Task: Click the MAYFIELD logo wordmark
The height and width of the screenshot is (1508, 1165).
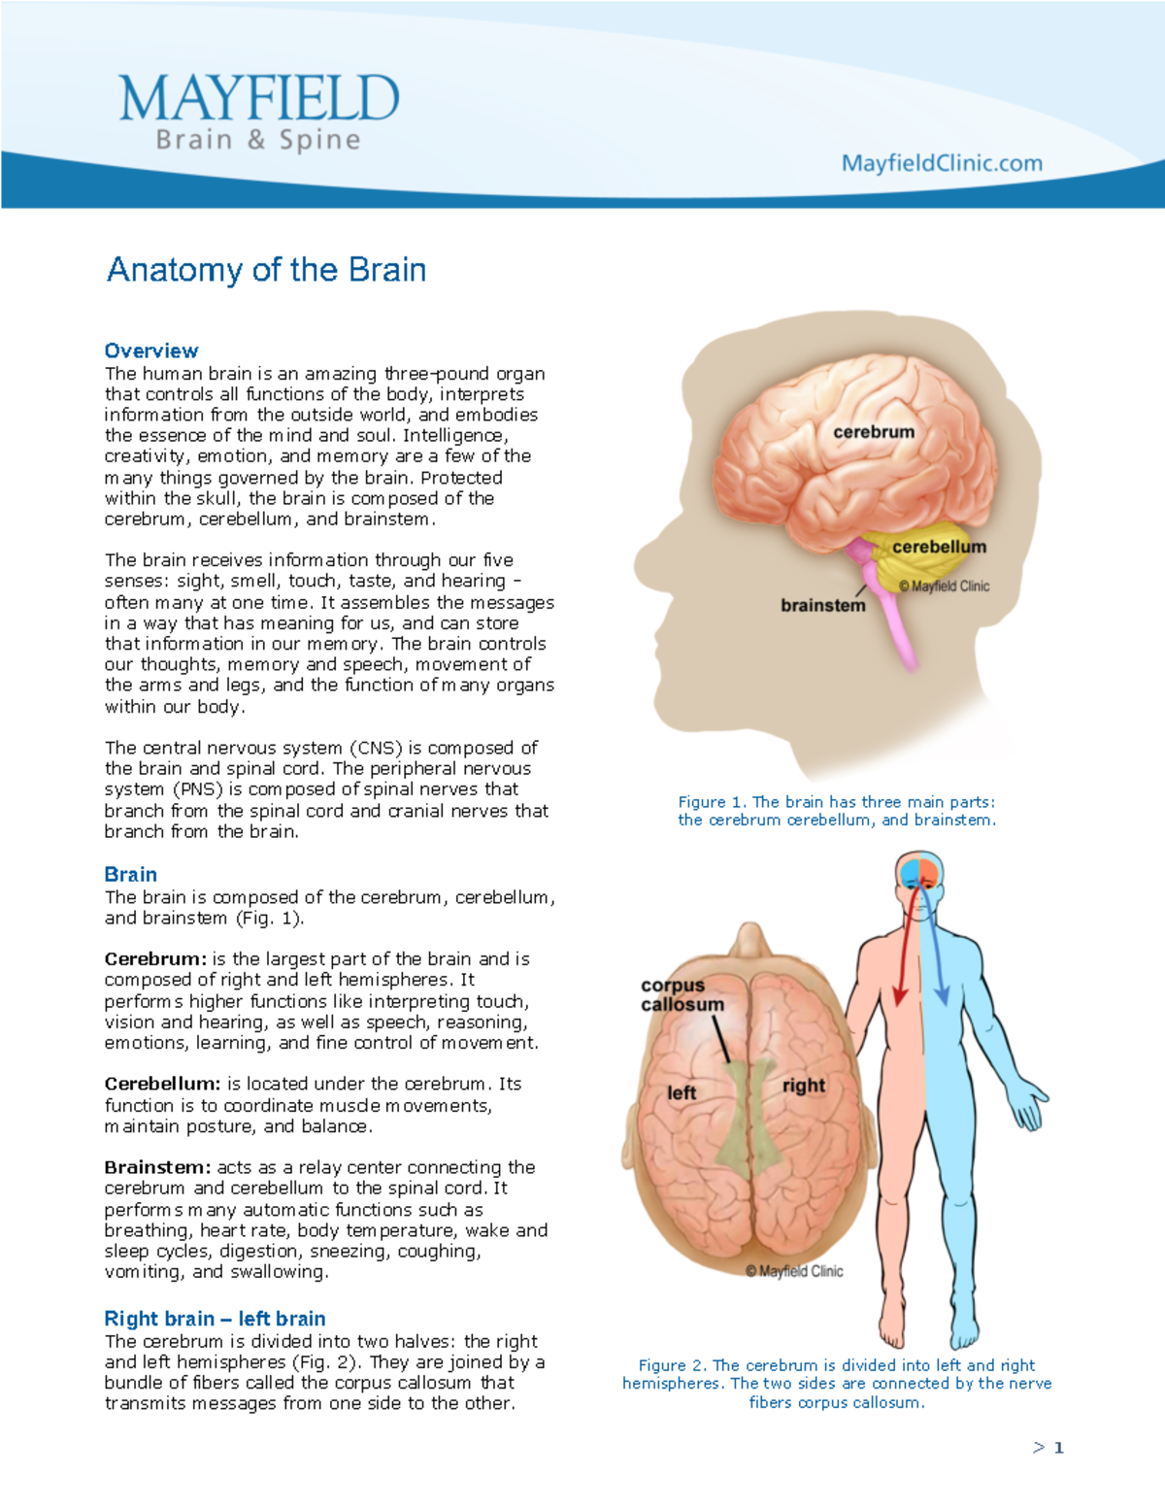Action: coord(258,99)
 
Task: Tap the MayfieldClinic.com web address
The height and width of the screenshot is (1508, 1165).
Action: coord(942,163)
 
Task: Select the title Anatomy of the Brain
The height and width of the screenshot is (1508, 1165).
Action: coord(266,269)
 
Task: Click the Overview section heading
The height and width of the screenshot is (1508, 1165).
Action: coord(151,351)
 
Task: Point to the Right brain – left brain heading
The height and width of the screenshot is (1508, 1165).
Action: coord(215,1319)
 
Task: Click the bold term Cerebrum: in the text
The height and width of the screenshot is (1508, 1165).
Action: coord(155,959)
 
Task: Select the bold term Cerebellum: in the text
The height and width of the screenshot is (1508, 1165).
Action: coord(162,1084)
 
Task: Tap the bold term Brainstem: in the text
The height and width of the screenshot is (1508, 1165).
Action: coord(157,1167)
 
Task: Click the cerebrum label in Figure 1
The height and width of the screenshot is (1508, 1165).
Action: coord(874,432)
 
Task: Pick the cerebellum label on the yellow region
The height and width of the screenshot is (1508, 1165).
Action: coord(939,548)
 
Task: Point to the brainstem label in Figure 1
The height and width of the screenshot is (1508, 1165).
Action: coord(823,606)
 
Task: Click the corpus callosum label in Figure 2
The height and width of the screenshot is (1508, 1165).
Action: coord(682,995)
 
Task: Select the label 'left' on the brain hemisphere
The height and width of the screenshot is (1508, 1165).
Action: coord(682,1093)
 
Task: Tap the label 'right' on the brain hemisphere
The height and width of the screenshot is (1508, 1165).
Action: coord(804,1086)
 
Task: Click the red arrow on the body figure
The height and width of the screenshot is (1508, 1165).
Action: coord(906,961)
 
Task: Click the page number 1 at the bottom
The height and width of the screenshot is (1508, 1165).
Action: coord(1058,1448)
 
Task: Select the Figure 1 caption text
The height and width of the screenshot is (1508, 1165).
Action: coord(837,811)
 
